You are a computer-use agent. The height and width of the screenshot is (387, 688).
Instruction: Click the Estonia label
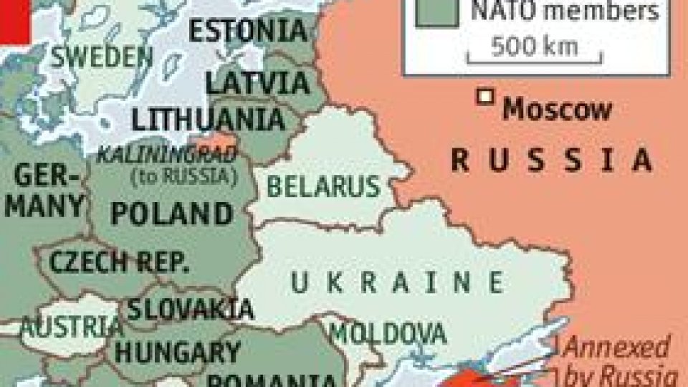tap(248, 31)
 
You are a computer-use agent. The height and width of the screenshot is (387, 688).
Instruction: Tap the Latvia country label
tap(258, 82)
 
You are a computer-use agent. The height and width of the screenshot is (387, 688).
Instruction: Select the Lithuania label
tap(207, 119)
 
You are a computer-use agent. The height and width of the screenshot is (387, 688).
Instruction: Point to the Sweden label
tap(97, 55)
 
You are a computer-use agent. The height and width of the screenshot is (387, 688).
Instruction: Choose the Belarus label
tap(323, 186)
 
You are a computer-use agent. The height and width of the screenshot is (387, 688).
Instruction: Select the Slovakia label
tap(191, 308)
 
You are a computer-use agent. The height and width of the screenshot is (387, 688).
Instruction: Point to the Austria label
tap(71, 328)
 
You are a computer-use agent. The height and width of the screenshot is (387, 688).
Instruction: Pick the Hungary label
tap(178, 352)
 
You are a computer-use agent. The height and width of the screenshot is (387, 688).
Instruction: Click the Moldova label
tap(387, 333)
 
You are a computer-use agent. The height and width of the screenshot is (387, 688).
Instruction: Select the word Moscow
tap(558, 110)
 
